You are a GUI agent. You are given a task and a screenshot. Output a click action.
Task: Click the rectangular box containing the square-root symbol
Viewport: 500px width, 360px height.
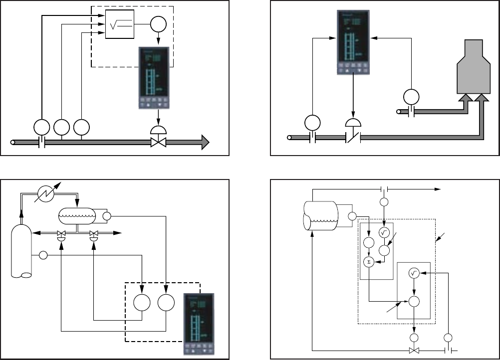click(120, 24)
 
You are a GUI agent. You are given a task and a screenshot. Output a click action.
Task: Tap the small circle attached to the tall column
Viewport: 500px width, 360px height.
click(43, 256)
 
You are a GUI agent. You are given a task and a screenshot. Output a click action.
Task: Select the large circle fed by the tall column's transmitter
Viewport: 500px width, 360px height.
click(142, 303)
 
